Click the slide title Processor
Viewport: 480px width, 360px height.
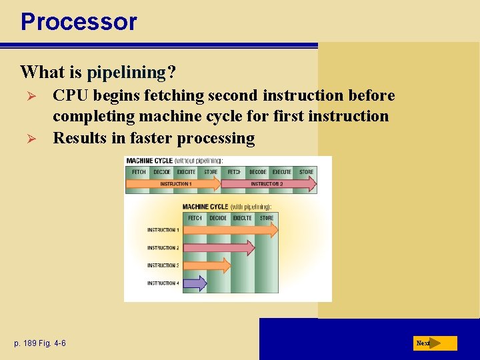click(x=79, y=21)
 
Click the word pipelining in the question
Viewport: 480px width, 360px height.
click(x=126, y=71)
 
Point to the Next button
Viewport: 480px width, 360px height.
click(x=435, y=343)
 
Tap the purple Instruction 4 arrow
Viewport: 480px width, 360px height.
click(x=195, y=283)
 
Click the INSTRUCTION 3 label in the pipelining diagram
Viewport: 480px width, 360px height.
click(x=163, y=265)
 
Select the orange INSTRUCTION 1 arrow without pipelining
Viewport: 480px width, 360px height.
click(x=176, y=183)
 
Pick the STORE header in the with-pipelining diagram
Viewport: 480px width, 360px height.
click(x=267, y=218)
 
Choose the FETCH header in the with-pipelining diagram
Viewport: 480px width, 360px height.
click(x=195, y=218)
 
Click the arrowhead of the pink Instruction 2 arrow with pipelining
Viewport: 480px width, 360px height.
click(x=250, y=248)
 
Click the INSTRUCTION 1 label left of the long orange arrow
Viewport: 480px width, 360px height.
click(x=163, y=230)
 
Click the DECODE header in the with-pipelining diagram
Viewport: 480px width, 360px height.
click(x=218, y=218)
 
